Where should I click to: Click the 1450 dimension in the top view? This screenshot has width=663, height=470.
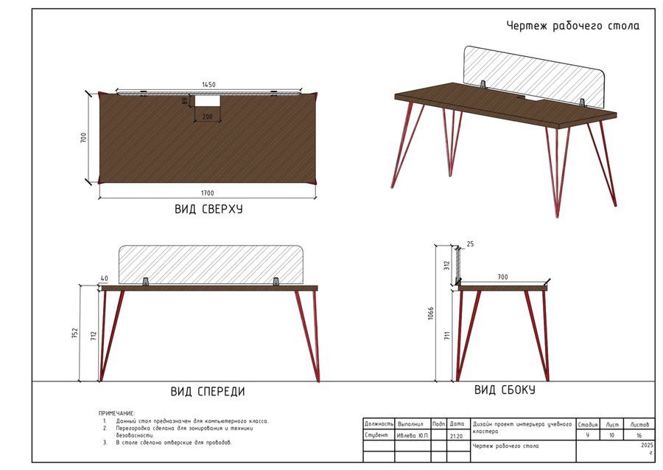click(x=208, y=85)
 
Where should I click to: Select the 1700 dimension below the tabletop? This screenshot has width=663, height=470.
click(x=208, y=193)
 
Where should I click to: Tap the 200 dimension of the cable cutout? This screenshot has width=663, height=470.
click(x=208, y=117)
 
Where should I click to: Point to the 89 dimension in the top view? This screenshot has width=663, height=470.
click(x=184, y=101)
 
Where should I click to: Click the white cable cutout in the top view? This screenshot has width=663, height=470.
click(x=208, y=101)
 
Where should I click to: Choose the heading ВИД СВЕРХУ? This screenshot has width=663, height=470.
click(x=208, y=209)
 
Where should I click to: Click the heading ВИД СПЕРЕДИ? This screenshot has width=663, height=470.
click(x=208, y=391)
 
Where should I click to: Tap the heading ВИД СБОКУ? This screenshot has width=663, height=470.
click(x=505, y=390)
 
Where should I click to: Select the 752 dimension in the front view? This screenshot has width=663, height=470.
click(x=75, y=334)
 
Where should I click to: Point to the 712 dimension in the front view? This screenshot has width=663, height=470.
click(x=94, y=336)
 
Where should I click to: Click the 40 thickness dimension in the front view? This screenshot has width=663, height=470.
click(x=105, y=278)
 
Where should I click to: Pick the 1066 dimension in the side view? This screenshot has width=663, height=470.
click(x=430, y=314)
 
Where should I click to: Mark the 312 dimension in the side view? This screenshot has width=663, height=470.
click(x=447, y=266)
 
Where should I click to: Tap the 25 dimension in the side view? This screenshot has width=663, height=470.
click(x=470, y=244)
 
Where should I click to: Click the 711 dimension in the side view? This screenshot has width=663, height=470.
click(x=447, y=336)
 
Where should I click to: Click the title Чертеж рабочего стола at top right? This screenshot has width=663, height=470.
click(x=573, y=26)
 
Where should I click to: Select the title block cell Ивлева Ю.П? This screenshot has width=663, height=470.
click(x=413, y=435)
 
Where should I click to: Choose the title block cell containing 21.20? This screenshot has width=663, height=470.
click(x=456, y=436)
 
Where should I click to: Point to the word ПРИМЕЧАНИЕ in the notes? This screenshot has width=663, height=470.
click(x=116, y=413)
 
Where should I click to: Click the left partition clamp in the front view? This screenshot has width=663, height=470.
click(x=145, y=282)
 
